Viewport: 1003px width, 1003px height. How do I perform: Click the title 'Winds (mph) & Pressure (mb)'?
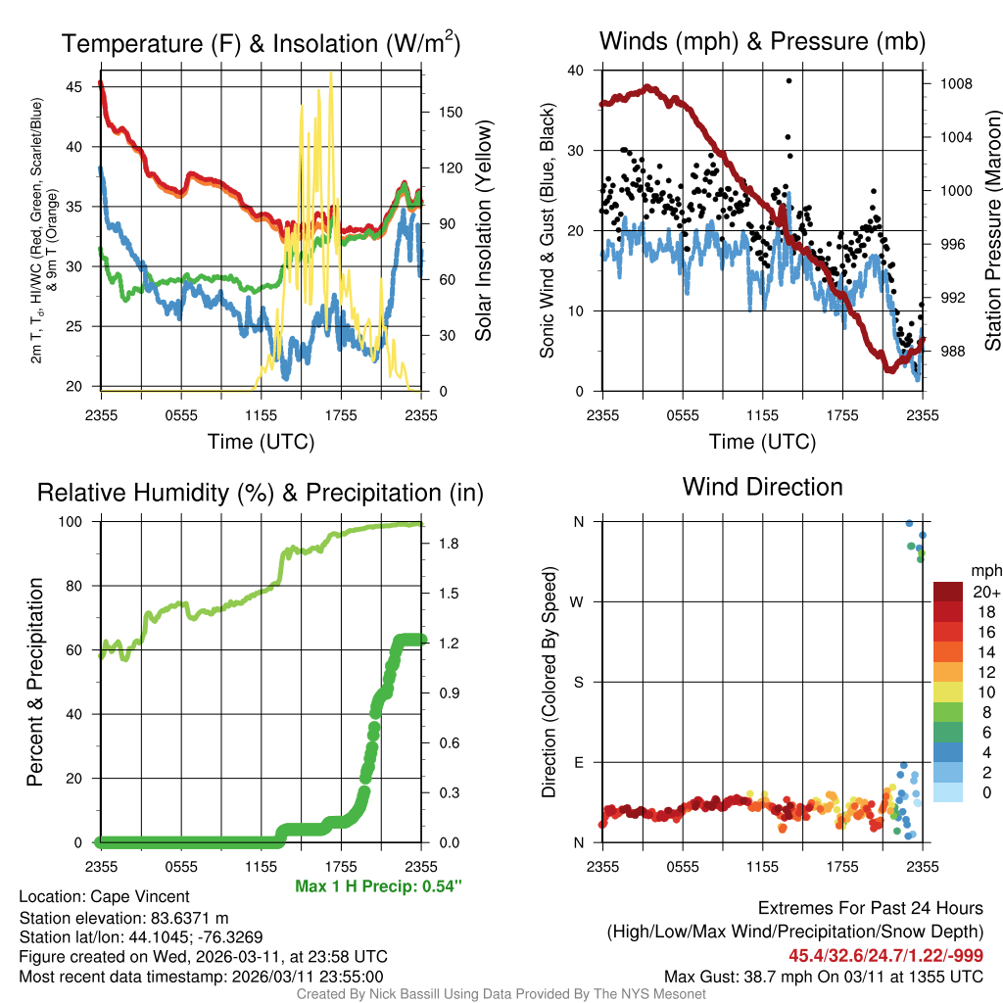762,41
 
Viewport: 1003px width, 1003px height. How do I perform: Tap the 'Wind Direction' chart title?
762,487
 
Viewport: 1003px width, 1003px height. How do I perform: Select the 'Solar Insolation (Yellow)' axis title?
483,231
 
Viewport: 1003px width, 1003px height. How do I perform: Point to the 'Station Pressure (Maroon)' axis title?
991,231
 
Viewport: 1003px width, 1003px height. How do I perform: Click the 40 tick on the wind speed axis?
576,71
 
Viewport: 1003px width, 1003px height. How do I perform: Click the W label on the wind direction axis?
578,601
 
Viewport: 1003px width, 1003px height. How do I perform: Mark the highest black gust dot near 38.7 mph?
788,80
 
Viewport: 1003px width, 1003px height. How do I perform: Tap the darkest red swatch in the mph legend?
948,592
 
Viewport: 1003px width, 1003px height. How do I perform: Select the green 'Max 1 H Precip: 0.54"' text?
378,886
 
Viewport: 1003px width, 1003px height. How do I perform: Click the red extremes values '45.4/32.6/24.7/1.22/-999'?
885,956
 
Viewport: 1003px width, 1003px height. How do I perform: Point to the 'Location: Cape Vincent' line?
104,897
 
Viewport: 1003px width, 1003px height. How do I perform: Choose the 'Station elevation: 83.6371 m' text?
123,918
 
